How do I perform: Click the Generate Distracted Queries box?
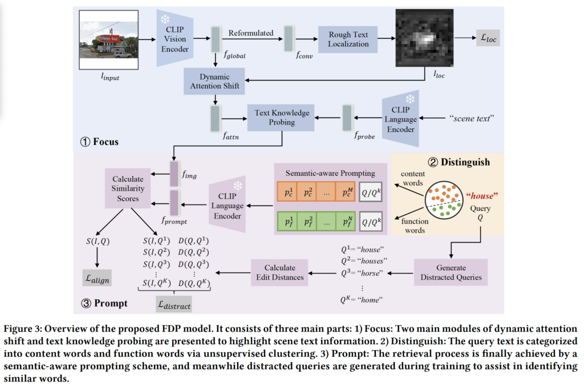(x=451, y=272)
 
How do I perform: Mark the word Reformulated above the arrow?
(x=251, y=33)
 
